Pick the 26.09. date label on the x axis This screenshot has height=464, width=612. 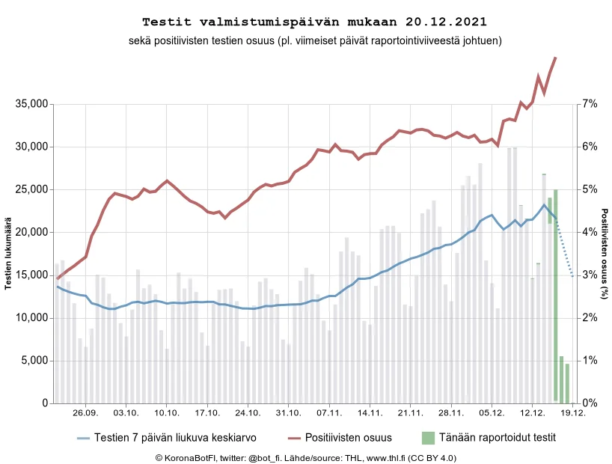85,413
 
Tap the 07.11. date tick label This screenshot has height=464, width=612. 328,413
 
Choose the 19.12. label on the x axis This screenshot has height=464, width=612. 572,413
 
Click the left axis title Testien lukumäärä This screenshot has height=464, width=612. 9,254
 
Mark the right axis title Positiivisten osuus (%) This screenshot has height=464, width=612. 604,254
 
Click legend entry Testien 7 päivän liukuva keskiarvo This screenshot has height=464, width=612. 175,437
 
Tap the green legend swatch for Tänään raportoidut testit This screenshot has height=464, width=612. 427,437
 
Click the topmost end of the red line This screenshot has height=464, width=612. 555,58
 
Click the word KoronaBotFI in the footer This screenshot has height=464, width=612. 188,457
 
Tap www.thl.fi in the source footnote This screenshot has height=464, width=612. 391,457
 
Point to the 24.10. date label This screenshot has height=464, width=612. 248,413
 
